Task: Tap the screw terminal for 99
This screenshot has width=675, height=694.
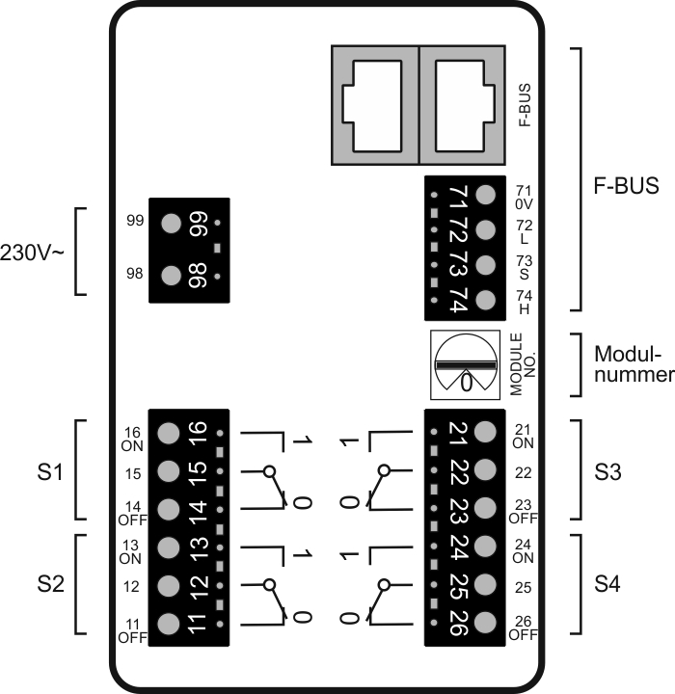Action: [172, 224]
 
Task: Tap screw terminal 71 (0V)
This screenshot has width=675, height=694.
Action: [486, 194]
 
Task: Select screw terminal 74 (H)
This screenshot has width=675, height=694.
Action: [486, 299]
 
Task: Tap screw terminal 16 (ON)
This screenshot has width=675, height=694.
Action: [168, 433]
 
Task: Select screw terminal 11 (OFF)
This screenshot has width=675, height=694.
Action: [168, 622]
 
